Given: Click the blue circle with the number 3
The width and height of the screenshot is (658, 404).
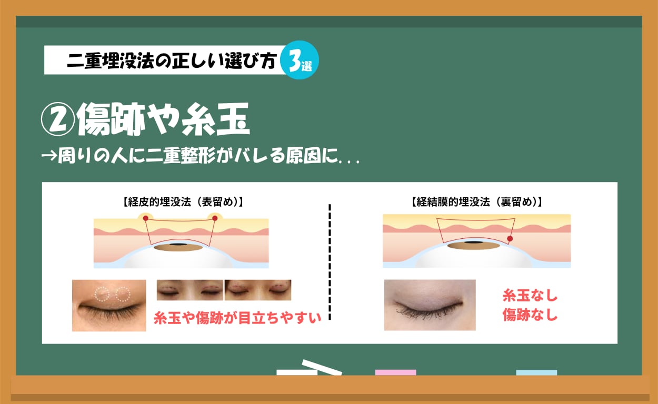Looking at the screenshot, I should coord(300,60).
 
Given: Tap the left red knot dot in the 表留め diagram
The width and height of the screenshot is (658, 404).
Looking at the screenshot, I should coord(146,218).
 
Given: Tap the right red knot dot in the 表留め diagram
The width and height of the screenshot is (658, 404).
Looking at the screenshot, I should coord(215,218).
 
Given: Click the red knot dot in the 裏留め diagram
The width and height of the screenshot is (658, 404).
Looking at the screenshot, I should coord(510,239).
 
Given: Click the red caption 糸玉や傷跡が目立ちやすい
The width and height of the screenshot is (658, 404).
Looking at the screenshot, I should coord(237,318).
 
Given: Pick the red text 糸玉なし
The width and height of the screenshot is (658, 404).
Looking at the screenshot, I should coord(530,296).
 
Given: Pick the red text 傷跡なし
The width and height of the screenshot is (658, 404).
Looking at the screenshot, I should coord(530,316).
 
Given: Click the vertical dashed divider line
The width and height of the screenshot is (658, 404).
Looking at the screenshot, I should coord(330,262).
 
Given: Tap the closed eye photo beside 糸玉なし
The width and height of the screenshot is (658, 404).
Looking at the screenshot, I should coord(430,305).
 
